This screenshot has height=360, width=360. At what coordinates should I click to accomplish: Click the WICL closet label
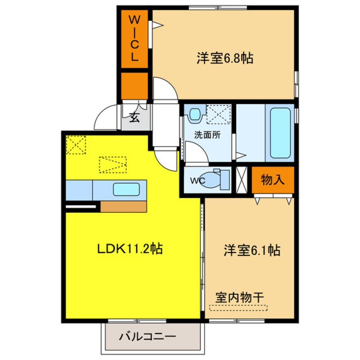point(134,39)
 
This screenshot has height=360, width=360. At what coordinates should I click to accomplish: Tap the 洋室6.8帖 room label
point(225,58)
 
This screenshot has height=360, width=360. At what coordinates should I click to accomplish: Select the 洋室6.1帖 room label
point(252,251)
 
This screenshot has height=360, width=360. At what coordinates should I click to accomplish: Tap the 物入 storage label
point(273,180)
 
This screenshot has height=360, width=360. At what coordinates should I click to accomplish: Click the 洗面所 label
point(207,136)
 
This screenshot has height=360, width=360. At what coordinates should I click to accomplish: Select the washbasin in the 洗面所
point(195,114)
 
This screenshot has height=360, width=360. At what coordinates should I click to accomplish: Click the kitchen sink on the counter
point(126,189)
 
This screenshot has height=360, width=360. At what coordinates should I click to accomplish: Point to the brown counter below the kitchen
point(123,206)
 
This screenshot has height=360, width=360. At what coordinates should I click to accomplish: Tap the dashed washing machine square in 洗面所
point(218,114)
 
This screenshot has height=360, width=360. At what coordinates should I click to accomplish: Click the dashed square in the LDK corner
point(76,145)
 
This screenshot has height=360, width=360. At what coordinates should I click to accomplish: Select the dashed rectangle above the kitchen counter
point(113,164)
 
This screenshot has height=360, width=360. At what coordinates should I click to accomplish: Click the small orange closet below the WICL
point(134,86)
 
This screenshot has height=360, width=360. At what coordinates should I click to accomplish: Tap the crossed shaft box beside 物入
point(241,180)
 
